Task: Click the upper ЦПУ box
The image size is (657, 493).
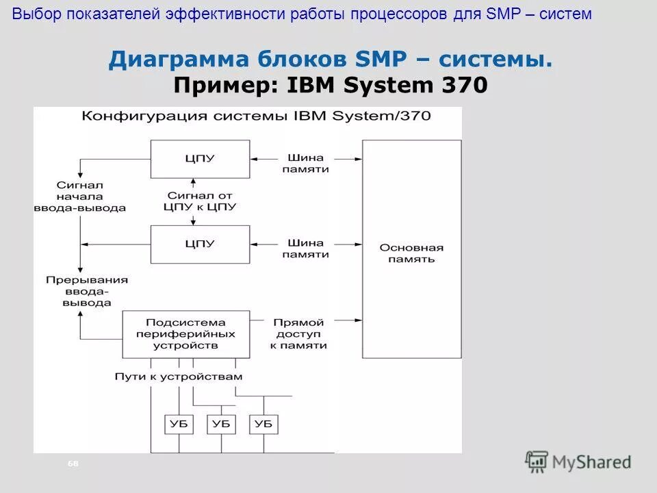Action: pyautogui.click(x=200, y=158)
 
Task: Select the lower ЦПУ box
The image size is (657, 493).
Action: pyautogui.click(x=200, y=244)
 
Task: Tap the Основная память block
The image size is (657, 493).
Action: pyautogui.click(x=411, y=253)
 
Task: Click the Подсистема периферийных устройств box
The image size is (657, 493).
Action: pyautogui.click(x=185, y=334)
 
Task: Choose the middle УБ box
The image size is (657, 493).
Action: pyautogui.click(x=221, y=424)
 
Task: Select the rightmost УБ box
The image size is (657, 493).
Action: pyautogui.click(x=263, y=424)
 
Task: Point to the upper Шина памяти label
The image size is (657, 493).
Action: pyautogui.click(x=305, y=163)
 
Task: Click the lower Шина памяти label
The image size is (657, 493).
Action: pyautogui.click(x=305, y=248)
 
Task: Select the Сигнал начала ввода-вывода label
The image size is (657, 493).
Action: pyautogui.click(x=79, y=196)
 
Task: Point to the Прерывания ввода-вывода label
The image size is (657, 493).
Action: pyautogui.click(x=87, y=291)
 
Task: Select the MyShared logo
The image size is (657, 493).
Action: pyautogui.click(x=578, y=462)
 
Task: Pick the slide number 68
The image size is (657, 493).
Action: pyautogui.click(x=74, y=464)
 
